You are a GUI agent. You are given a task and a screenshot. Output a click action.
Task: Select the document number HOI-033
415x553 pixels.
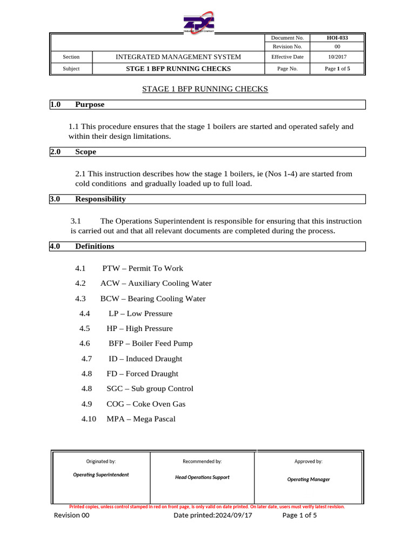337,38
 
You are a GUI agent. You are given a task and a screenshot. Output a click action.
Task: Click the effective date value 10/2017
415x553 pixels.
337,57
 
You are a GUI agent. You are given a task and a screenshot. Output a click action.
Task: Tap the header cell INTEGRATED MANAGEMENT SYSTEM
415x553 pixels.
179,57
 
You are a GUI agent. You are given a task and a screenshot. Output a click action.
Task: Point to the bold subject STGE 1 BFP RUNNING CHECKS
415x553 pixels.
179,69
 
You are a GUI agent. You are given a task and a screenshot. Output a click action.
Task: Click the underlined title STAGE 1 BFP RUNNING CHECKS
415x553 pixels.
205,89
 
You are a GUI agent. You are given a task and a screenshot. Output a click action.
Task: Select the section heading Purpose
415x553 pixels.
90,104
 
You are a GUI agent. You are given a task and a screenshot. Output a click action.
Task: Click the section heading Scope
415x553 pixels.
85,152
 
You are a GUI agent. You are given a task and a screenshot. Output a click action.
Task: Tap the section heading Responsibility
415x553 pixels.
100,199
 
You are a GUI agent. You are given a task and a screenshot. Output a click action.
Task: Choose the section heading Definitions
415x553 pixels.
95,246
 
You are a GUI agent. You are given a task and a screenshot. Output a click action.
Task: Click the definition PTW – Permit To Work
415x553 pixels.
143,268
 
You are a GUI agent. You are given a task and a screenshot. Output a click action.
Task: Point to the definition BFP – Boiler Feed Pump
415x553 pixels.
150,343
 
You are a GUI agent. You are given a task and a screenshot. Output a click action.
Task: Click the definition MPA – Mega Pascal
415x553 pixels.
141,419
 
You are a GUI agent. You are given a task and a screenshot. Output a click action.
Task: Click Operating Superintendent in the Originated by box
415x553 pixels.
101,475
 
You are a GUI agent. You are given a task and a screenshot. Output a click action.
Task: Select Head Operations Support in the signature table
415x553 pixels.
202,477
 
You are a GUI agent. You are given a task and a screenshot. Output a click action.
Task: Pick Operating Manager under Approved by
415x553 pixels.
308,479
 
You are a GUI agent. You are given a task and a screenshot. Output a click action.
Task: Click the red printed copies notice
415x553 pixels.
207,507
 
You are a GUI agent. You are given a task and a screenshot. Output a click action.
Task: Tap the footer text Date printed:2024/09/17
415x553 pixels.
212,516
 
